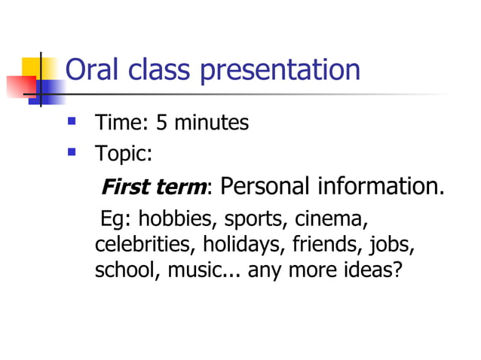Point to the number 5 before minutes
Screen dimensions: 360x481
click(161, 123)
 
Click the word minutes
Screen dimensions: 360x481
click(210, 123)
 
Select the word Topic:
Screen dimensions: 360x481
click(124, 154)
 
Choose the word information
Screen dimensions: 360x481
click(380, 186)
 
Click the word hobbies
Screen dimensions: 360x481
click(178, 220)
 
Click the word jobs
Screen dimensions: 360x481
click(394, 246)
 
